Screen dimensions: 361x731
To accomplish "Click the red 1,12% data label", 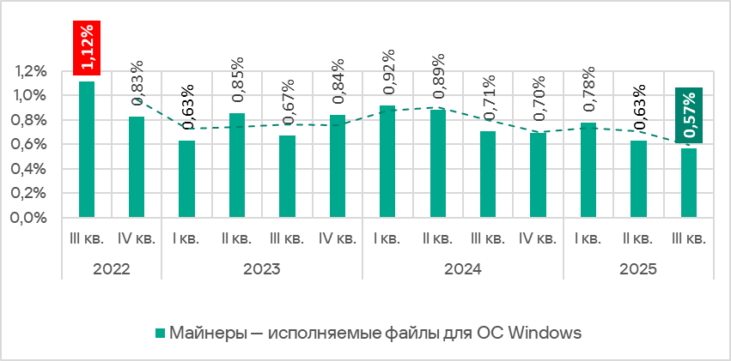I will pyautogui.click(x=87, y=48).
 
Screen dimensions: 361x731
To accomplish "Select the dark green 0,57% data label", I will pyautogui.click(x=689, y=114).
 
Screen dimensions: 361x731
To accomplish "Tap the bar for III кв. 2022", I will pyautogui.click(x=87, y=149).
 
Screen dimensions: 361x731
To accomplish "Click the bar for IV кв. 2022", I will pyautogui.click(x=137, y=166).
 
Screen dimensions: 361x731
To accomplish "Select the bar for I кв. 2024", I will pyautogui.click(x=387, y=161).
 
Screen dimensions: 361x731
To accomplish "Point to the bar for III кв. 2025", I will pyautogui.click(x=689, y=183).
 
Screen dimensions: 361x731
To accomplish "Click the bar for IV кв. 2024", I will pyautogui.click(x=538, y=175).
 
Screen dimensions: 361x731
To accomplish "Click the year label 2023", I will pyautogui.click(x=261, y=268).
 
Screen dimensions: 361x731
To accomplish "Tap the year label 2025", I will pyautogui.click(x=638, y=268).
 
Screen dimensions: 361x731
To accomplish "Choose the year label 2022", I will pyautogui.click(x=112, y=268).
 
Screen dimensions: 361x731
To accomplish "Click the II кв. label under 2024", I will pyautogui.click(x=437, y=238).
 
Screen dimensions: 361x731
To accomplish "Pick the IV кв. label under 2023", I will pyautogui.click(x=337, y=238).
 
